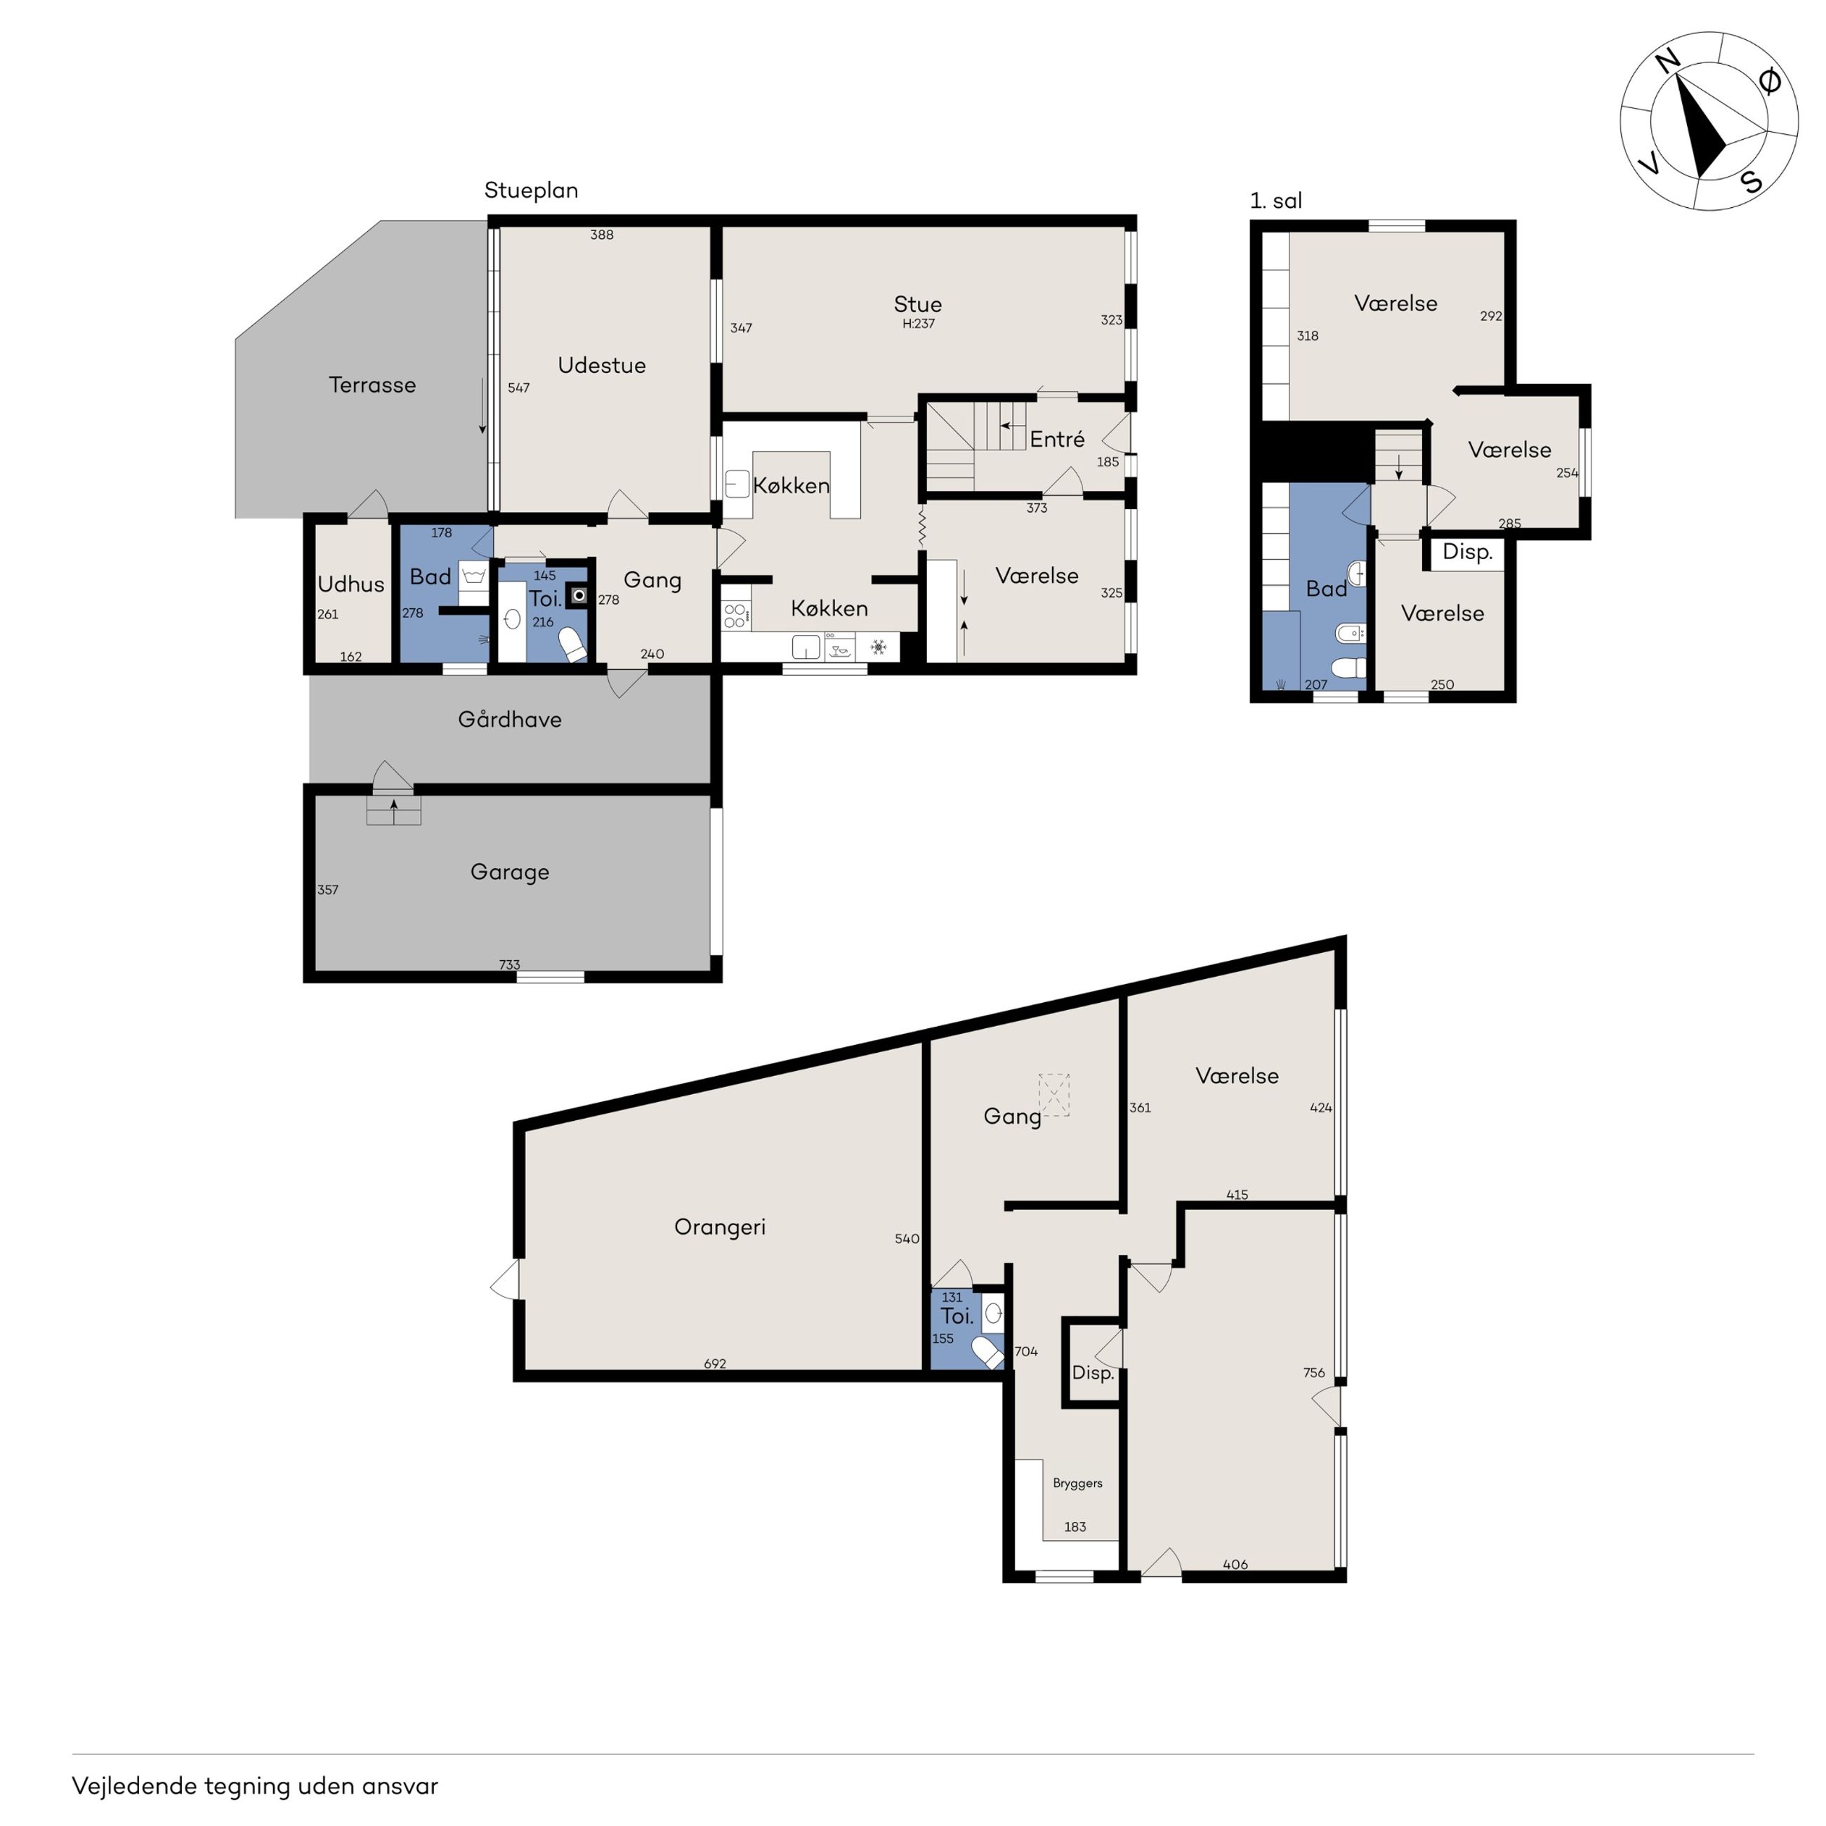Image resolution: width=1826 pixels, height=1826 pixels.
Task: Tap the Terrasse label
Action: [372, 385]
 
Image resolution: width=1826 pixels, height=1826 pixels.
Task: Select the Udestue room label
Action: [602, 364]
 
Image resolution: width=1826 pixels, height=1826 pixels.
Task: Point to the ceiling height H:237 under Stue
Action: [918, 323]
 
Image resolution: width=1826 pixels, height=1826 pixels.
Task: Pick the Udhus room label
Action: [350, 584]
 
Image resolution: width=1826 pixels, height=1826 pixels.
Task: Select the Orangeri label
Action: [719, 1227]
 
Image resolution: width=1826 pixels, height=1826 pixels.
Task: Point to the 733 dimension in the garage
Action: [509, 965]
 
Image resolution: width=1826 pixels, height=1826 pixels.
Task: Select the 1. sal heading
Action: [1276, 200]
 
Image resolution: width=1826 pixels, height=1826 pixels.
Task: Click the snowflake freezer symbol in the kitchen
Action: [878, 648]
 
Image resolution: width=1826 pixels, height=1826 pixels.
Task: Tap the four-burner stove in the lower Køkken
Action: [735, 616]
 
